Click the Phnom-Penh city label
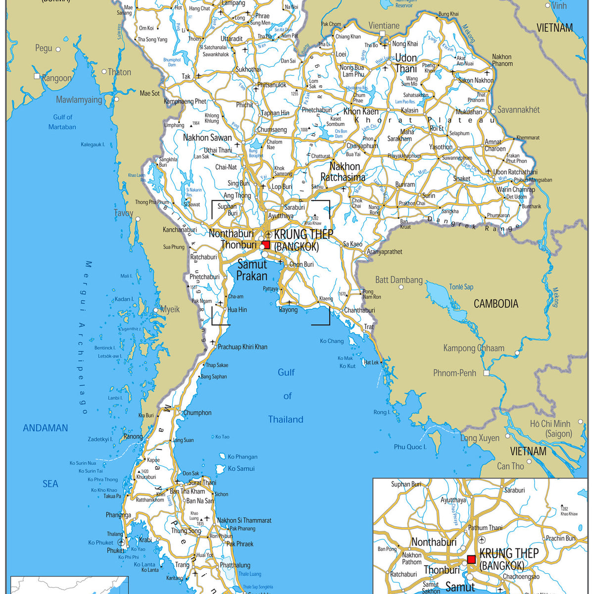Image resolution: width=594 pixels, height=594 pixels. pos(454,373)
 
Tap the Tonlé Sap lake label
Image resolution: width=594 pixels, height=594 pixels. pos(461,287)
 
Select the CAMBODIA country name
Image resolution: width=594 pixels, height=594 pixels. pos(496,304)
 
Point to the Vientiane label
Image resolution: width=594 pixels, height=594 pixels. pos(384,26)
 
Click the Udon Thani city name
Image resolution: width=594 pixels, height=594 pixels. pos(406,63)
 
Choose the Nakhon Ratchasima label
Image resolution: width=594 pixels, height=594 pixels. pos(343,172)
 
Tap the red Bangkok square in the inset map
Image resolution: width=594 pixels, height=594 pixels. pos(471,559)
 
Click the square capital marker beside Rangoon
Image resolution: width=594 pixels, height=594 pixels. pos(37,76)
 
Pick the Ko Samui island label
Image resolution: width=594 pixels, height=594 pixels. pos(241,468)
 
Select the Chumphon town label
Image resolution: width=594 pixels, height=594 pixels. pos(197,413)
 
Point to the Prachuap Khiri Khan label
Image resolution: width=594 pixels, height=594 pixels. pos(243,347)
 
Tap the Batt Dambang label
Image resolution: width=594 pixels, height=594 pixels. pos(399,280)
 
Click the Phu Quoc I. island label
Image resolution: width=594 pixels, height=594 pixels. pos(410,447)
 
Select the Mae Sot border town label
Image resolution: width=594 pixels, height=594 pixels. pos(149,93)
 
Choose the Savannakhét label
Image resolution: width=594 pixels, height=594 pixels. pos(518,110)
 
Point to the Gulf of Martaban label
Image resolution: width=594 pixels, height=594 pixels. pos(62,122)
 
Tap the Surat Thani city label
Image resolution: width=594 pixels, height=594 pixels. pos(201,483)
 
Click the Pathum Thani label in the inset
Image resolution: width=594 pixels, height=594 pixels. pos(485,528)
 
